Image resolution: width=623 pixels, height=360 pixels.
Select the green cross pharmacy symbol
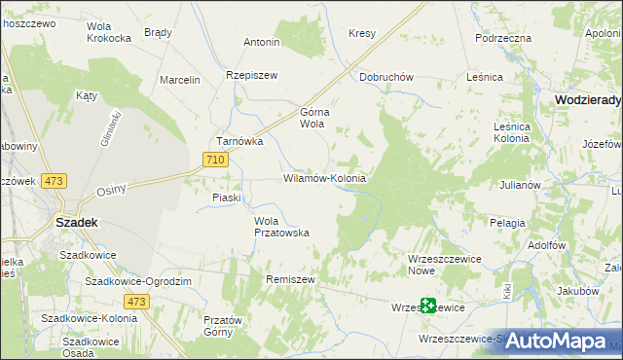(x=427, y=306)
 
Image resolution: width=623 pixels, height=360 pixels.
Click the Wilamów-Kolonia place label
(x=324, y=179)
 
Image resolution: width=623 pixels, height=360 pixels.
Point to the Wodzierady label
(x=588, y=99)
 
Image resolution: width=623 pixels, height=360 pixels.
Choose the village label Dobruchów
(x=386, y=77)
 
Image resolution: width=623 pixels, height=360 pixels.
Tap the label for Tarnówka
(x=240, y=141)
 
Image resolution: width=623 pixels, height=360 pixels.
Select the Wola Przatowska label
(x=281, y=227)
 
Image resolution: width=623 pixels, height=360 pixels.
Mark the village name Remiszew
(x=290, y=278)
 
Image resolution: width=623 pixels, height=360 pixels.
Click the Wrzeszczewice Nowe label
(x=434, y=264)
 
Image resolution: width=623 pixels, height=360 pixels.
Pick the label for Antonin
(x=262, y=43)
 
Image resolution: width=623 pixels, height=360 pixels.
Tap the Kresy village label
(x=361, y=33)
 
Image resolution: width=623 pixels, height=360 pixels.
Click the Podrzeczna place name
(x=502, y=37)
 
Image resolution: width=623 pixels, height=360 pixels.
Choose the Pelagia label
(x=507, y=223)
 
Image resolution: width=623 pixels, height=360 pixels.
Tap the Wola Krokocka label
(x=109, y=32)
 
